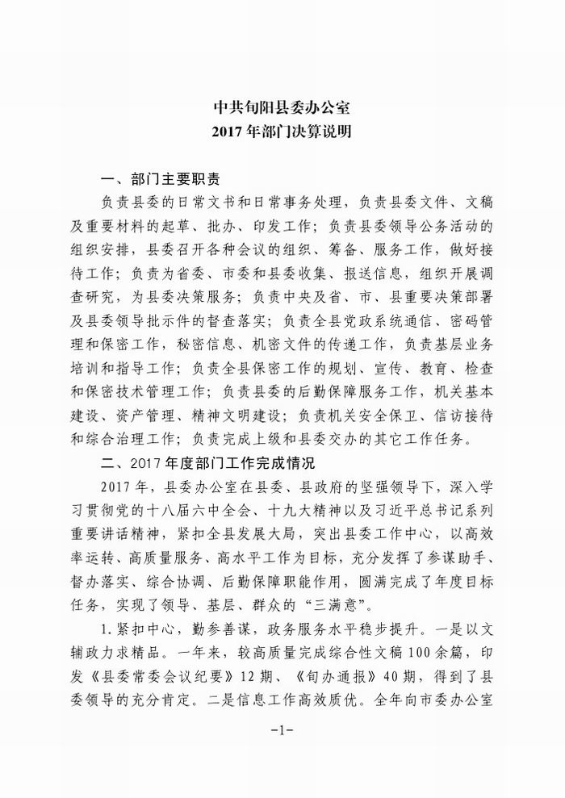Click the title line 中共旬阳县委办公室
pyautogui.click(x=282, y=107)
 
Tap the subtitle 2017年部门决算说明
pyautogui.click(x=282, y=130)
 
